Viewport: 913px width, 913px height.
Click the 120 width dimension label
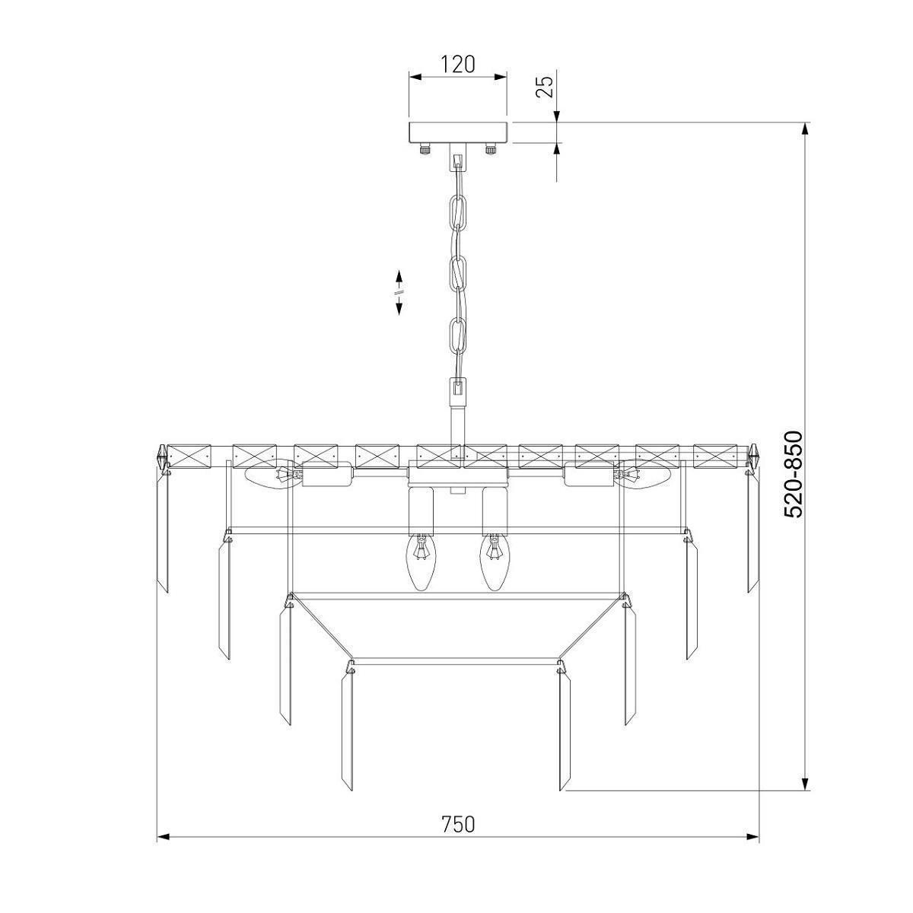(x=457, y=65)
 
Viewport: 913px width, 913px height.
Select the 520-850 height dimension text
(x=794, y=474)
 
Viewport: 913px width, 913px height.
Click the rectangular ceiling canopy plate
(x=458, y=132)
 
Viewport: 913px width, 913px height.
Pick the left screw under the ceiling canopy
(x=425, y=149)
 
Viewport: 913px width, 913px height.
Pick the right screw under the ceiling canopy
(x=491, y=149)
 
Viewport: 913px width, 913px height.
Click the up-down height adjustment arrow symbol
(x=399, y=292)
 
